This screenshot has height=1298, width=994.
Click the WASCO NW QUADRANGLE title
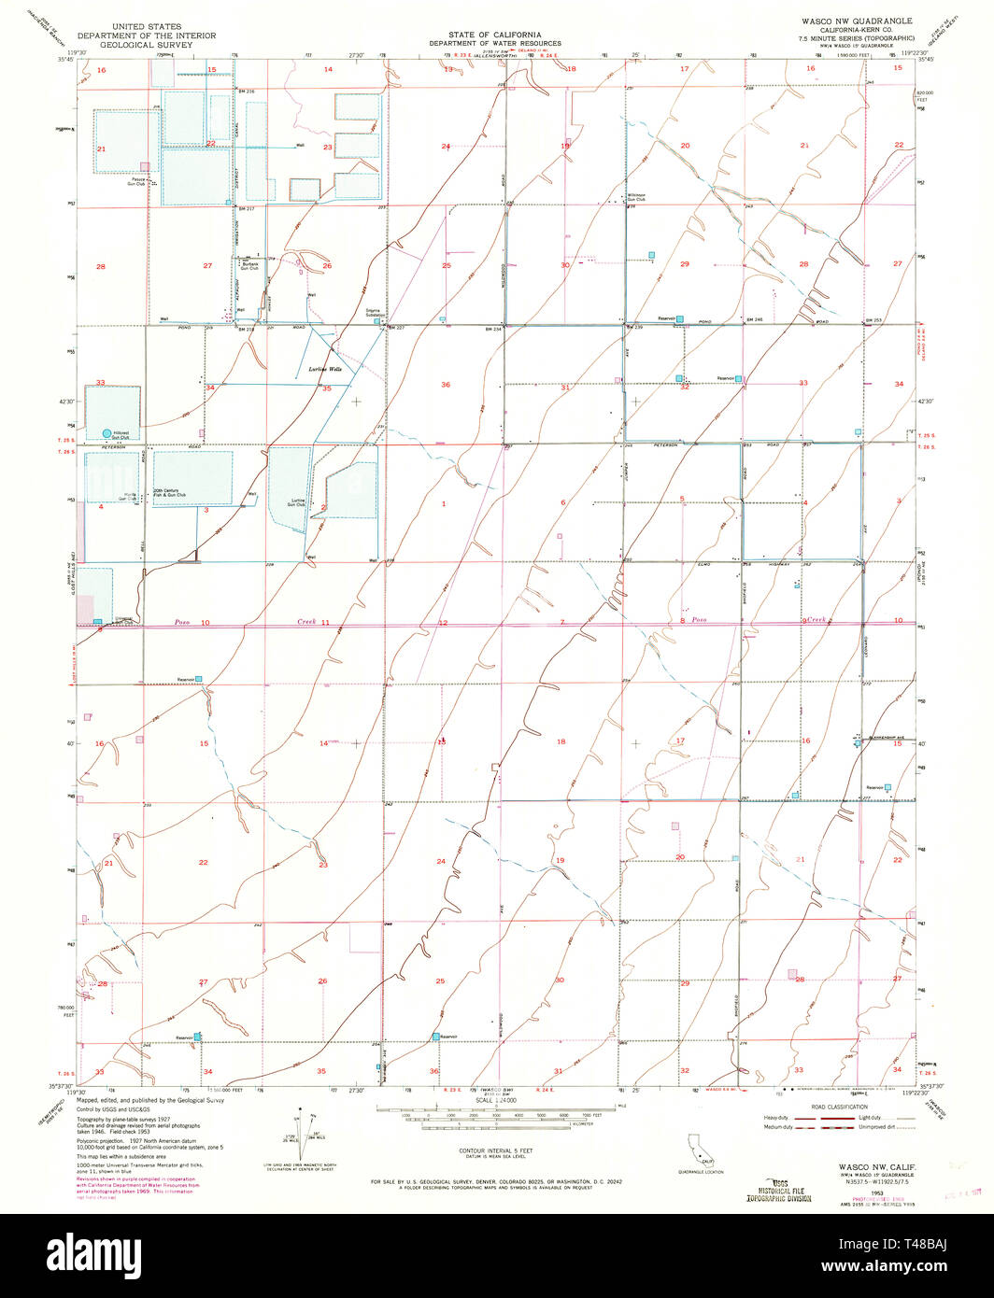click(847, 19)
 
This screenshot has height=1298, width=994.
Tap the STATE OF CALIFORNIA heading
click(496, 34)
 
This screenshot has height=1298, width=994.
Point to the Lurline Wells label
click(325, 370)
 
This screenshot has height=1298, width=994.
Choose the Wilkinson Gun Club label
click(636, 197)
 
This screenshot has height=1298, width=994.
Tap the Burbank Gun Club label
click(249, 266)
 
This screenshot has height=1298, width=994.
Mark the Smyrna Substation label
click(377, 313)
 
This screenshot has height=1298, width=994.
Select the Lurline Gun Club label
click(299, 502)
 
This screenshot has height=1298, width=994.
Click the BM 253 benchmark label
click(873, 320)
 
